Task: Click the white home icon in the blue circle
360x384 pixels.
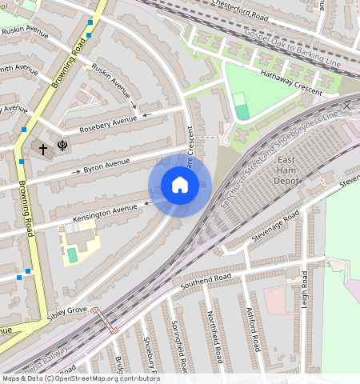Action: click(180, 186)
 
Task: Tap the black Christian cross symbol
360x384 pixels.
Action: click(44, 148)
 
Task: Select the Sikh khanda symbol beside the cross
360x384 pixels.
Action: click(62, 146)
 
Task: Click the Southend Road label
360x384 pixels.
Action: click(205, 281)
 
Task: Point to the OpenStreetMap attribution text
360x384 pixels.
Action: click(81, 378)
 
